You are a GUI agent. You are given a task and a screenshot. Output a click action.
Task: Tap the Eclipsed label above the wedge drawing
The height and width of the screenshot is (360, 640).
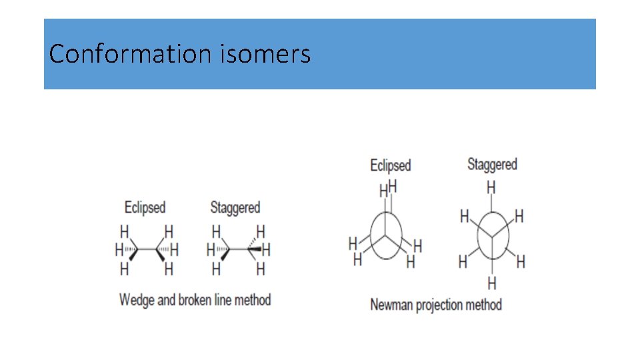click(145, 207)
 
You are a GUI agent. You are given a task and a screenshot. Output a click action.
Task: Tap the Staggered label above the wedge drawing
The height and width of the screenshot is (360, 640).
click(235, 207)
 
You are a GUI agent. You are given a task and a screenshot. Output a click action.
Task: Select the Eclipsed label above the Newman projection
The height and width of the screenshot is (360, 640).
click(390, 165)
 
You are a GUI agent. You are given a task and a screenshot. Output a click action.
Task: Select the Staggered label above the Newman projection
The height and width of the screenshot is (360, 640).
click(492, 163)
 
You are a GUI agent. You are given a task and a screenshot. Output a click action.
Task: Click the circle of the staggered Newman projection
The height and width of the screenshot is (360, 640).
click(492, 235)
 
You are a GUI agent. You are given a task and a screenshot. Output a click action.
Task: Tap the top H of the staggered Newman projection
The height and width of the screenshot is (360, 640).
click(491, 188)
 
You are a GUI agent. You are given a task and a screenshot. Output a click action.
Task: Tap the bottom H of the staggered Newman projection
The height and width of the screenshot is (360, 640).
click(492, 284)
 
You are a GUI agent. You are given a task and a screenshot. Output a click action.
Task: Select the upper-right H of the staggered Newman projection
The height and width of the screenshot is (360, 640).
click(519, 216)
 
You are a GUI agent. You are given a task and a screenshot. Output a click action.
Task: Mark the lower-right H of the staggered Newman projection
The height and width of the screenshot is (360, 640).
click(521, 261)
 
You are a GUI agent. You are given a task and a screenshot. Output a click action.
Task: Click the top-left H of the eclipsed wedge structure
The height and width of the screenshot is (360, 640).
click(124, 231)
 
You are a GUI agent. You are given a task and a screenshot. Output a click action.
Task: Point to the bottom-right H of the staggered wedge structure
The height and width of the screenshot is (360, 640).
click(261, 269)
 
